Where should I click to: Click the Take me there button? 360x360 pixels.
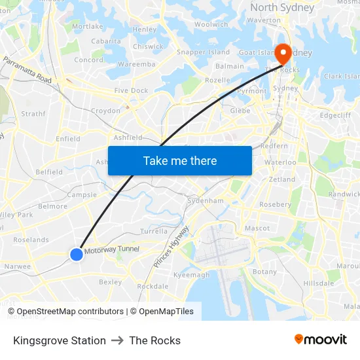tap(180, 160)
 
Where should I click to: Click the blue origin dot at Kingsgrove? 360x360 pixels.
tap(77, 254)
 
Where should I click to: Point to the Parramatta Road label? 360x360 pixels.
tap(27, 69)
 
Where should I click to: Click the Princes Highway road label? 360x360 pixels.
tap(171, 246)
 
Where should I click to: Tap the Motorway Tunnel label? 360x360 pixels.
tap(111, 249)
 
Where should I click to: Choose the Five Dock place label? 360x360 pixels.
tap(131, 90)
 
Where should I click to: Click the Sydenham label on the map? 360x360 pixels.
tap(206, 200)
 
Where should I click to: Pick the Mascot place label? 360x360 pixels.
tap(257, 228)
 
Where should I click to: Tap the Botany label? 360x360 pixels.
tap(264, 272)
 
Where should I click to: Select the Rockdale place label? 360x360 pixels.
tap(153, 286)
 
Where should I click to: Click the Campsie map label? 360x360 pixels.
tap(82, 194)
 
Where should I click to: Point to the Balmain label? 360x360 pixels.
tap(230, 66)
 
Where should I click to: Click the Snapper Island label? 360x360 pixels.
tap(204, 52)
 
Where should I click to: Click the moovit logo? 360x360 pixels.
tap(321, 340)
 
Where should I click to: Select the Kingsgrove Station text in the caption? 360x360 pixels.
tap(60, 340)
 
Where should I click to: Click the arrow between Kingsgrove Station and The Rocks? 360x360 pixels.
tap(118, 340)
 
